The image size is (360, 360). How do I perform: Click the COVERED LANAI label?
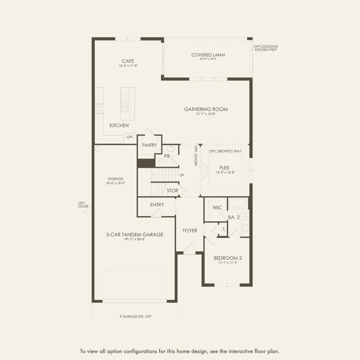(208, 55)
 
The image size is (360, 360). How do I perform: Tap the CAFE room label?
(128, 61)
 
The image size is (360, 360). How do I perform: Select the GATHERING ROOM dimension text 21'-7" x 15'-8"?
(206, 114)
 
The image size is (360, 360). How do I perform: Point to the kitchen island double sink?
(124, 106)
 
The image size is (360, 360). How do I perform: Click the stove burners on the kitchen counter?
(99, 109)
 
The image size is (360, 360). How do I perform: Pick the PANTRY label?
(149, 145)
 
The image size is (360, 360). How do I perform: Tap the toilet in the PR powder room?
(161, 160)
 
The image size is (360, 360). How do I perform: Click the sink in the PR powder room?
(171, 149)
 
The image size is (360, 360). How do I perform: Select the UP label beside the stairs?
(182, 175)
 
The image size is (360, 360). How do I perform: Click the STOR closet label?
(172, 190)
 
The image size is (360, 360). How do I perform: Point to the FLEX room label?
(224, 168)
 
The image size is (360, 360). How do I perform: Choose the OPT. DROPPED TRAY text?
(225, 151)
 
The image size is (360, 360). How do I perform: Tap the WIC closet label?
(217, 208)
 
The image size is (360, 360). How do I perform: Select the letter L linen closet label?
(224, 229)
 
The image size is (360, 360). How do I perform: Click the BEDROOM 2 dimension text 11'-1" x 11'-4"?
(228, 262)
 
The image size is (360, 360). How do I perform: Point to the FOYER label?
(190, 231)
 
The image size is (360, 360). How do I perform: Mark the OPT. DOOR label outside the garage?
(83, 205)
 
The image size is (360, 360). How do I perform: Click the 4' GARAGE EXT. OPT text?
(136, 316)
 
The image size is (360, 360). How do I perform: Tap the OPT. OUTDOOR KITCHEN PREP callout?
(266, 48)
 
